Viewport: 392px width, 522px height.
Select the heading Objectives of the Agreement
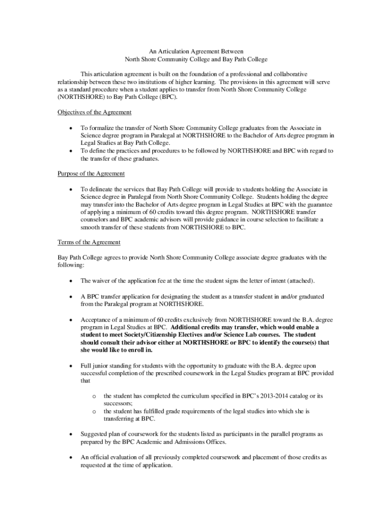pos(95,112)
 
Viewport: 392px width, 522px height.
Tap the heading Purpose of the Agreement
pos(91,174)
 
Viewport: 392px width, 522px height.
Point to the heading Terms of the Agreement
pos(89,242)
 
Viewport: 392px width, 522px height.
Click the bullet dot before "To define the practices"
pos(70,151)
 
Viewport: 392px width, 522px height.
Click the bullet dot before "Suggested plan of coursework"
pos(70,434)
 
